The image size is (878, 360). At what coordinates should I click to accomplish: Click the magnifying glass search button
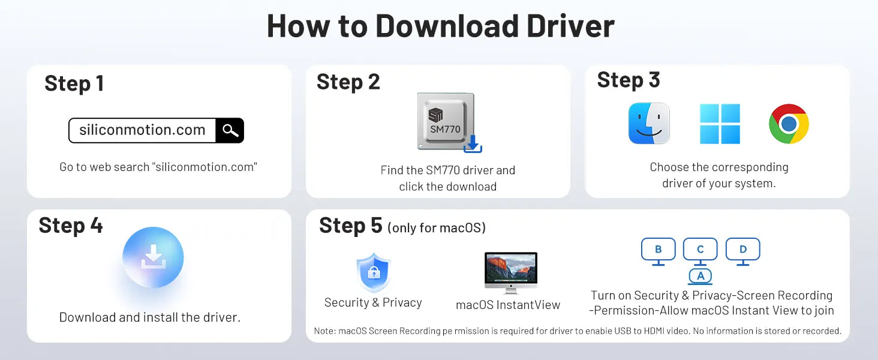230,130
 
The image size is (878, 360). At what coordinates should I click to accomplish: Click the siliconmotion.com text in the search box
142,130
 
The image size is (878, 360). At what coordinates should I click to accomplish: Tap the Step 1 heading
74,83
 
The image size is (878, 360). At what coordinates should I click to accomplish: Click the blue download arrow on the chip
473,144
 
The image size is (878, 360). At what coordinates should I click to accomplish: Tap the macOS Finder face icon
649,124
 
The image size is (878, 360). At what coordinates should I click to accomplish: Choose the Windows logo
720,124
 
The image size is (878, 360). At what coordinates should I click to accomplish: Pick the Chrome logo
789,124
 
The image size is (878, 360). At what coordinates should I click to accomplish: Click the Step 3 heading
629,80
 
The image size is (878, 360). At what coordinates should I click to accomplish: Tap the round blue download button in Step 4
153,257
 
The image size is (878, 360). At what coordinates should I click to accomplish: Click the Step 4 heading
71,226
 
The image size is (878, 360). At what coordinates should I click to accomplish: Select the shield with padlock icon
374,272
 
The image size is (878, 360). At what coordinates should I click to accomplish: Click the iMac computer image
511,273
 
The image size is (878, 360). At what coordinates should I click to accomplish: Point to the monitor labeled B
658,251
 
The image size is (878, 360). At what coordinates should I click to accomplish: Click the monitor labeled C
700,251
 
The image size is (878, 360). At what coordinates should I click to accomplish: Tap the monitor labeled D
743,251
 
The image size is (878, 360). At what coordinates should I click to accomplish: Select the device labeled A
700,276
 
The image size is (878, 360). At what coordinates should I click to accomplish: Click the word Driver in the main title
570,26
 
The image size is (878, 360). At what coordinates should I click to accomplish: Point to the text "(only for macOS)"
437,228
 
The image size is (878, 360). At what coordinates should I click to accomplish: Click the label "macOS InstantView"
508,305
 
